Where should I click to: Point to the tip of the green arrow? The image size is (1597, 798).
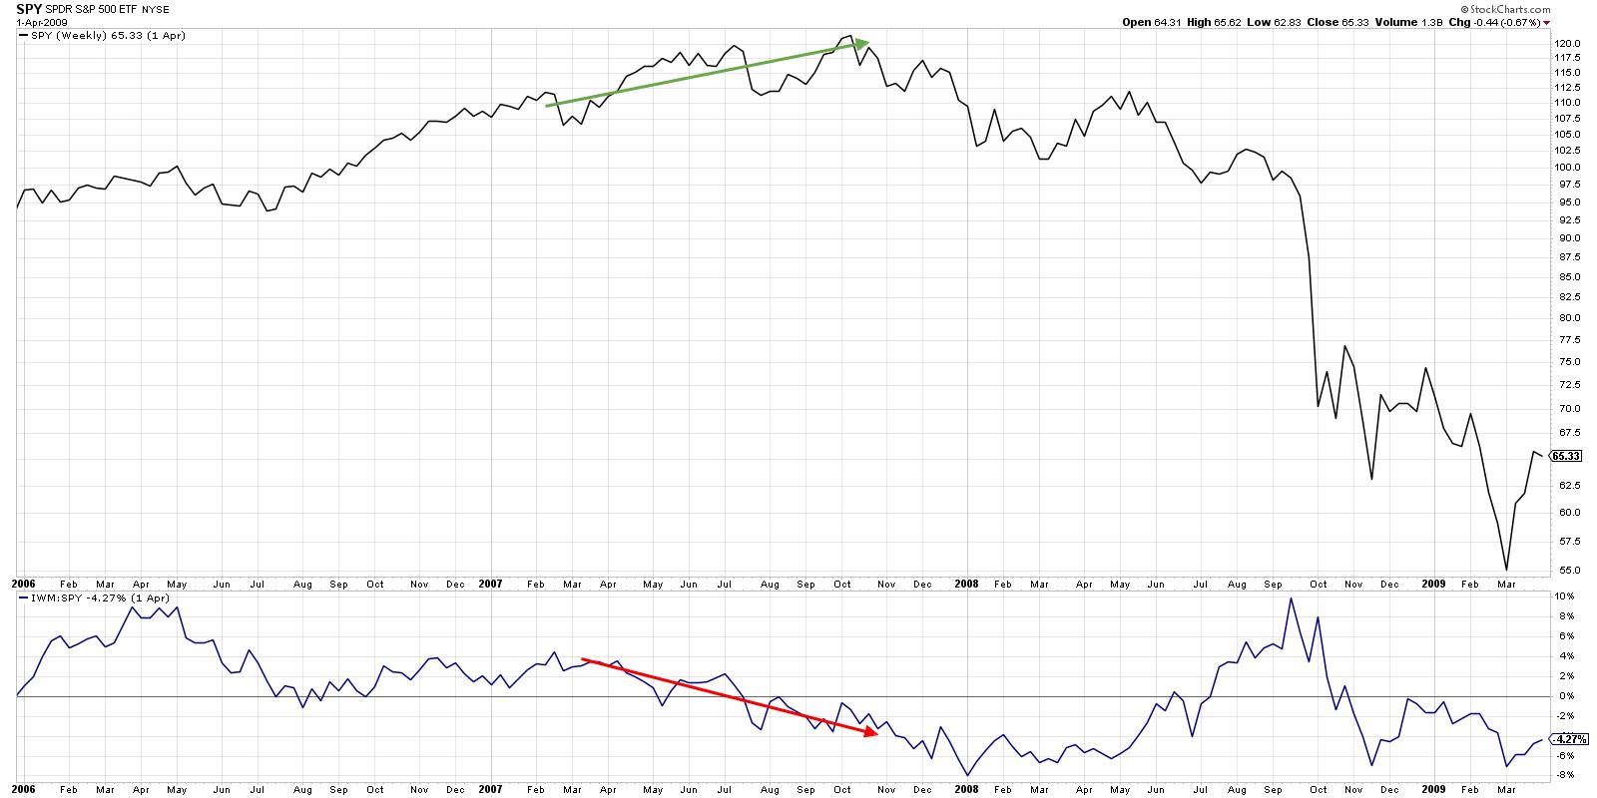coord(868,42)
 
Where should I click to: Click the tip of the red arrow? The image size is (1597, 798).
coord(877,735)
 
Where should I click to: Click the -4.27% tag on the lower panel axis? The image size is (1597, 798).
coord(1566,739)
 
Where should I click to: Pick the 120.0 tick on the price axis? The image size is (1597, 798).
coord(1564,44)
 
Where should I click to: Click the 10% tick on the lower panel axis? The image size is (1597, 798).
coord(1562,597)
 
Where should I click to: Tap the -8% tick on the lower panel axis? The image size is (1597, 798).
coord(1562,775)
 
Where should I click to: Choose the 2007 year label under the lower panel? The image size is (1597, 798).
coord(491,789)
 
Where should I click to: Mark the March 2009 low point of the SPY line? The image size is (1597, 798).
coord(1505,570)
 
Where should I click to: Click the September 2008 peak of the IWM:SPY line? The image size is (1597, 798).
coord(1291,598)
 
